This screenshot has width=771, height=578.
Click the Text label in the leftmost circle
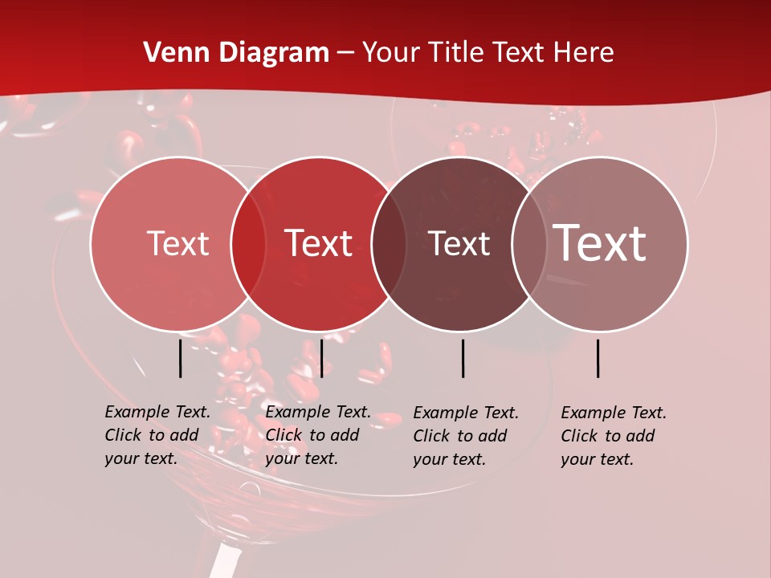point(177,244)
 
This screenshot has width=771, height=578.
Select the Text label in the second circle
point(319,244)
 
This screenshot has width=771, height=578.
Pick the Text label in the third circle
point(459,244)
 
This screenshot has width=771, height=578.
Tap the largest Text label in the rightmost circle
point(600,243)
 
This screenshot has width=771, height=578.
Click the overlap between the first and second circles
point(248,244)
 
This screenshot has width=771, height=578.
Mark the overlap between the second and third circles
point(389,244)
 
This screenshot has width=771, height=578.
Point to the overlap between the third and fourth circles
point(529,244)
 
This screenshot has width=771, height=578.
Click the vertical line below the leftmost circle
point(180,358)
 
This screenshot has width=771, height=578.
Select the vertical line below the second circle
point(321,358)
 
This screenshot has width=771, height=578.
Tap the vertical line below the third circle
point(463,358)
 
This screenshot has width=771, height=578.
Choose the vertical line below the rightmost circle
point(598,358)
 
